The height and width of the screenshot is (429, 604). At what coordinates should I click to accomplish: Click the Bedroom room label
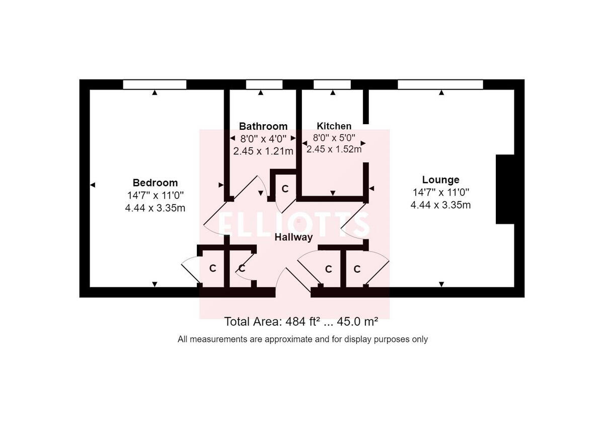click(x=155, y=183)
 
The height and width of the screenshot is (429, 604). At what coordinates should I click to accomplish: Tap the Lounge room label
click(x=440, y=180)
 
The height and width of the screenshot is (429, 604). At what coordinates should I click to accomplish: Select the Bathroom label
click(x=263, y=126)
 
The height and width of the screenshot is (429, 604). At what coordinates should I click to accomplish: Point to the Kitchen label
click(x=334, y=126)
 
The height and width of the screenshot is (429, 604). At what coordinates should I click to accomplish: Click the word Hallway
click(x=293, y=237)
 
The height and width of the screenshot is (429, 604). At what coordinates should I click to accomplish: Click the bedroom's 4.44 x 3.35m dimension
click(x=155, y=208)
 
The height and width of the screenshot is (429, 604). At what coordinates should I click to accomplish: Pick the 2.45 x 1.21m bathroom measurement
click(x=263, y=150)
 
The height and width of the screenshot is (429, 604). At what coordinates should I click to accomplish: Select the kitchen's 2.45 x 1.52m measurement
click(x=334, y=149)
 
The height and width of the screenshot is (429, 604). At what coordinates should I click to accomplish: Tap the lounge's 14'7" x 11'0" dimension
click(x=440, y=192)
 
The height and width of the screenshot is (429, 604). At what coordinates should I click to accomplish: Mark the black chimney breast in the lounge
click(x=505, y=189)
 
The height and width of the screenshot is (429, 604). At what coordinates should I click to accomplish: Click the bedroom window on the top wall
click(x=155, y=84)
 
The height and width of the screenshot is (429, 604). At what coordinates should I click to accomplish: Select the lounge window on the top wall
click(x=440, y=84)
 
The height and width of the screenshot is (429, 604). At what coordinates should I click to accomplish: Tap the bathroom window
click(x=264, y=84)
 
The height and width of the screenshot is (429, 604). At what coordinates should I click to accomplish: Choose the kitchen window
click(x=332, y=84)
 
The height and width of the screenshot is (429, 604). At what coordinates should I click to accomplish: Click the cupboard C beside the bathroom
click(x=285, y=189)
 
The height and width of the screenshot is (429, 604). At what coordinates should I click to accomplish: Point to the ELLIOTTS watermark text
click(x=294, y=224)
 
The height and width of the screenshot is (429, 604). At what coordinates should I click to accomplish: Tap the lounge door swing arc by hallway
click(x=354, y=221)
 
